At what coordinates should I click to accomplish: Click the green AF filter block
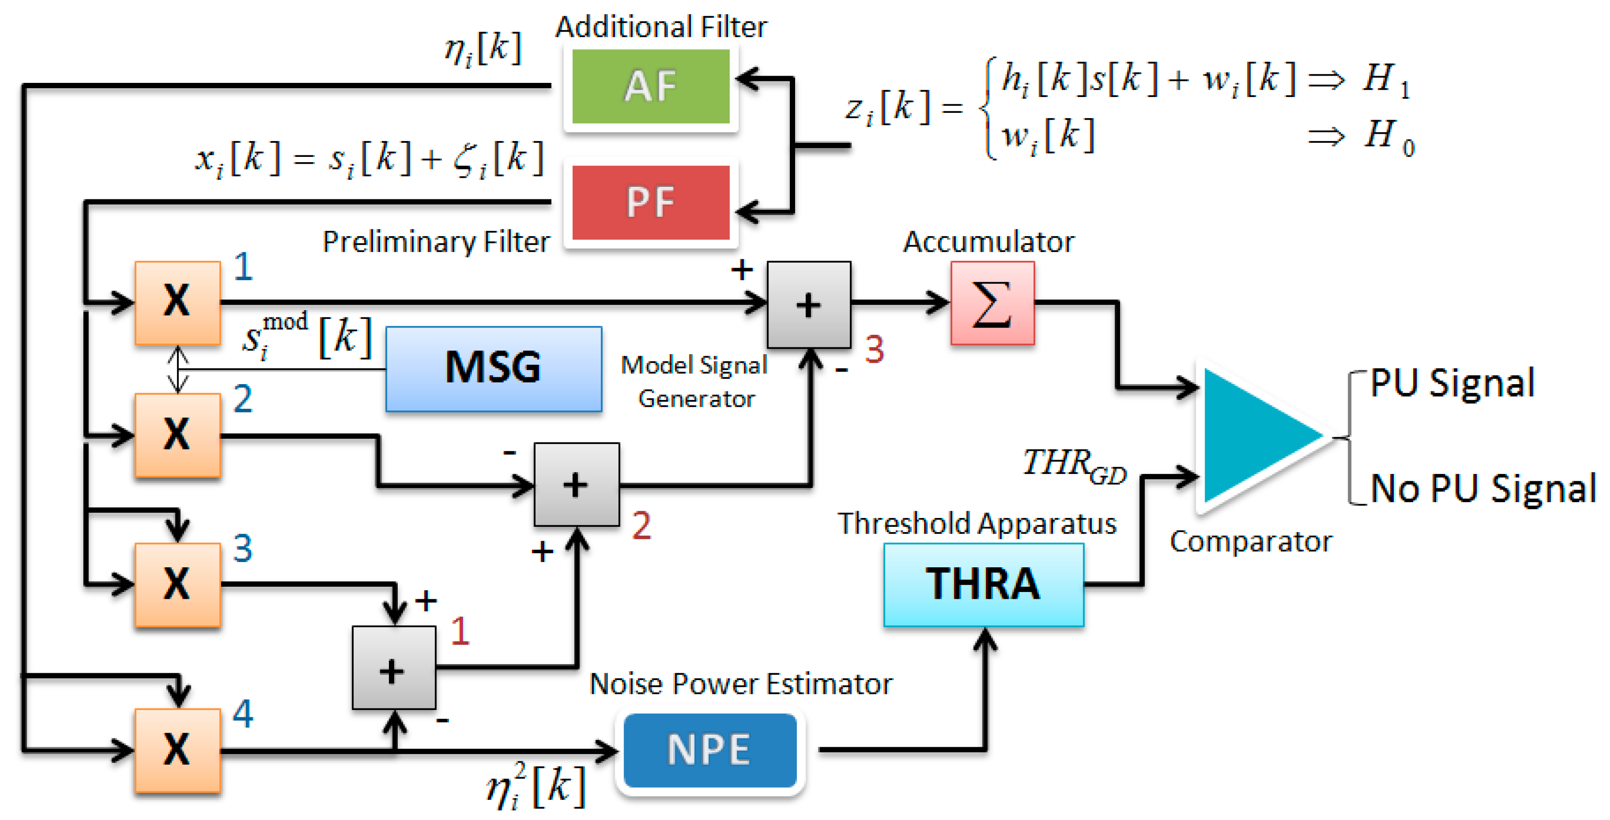[x=651, y=86]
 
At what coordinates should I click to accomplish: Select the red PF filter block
[x=651, y=202]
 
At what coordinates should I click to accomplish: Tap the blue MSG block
[x=494, y=369]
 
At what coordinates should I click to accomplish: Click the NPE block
[x=710, y=750]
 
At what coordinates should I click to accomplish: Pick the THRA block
[x=984, y=584]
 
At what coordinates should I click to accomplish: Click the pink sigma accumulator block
[x=992, y=303]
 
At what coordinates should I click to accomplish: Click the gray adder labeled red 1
[x=394, y=668]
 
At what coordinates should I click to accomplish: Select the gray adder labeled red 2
[x=577, y=485]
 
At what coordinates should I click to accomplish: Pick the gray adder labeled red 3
[x=809, y=304]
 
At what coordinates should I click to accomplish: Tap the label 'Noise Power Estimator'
[x=741, y=684]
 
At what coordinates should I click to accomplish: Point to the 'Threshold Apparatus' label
[x=977, y=524]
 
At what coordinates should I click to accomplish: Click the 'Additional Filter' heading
[x=661, y=27]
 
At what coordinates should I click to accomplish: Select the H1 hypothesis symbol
[x=1386, y=80]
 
